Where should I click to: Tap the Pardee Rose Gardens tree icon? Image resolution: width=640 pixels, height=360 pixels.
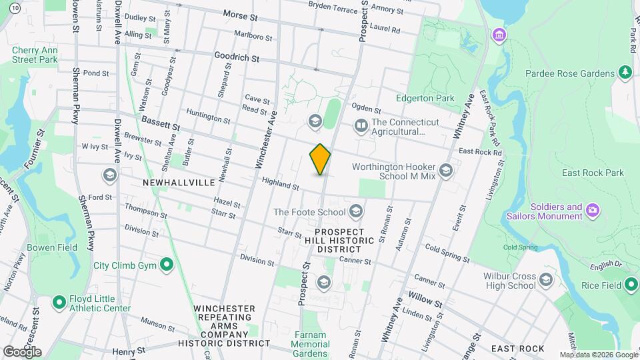point(625,72)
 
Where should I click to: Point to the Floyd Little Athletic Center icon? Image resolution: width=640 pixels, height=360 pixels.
point(59,303)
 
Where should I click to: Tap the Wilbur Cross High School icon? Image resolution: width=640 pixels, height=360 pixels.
point(546,279)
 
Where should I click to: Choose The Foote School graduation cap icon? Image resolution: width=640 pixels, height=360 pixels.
point(356,212)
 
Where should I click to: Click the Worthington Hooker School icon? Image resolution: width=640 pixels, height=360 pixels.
point(446,171)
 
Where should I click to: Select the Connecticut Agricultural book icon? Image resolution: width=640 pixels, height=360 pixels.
point(361,125)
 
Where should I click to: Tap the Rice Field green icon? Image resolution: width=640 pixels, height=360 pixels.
point(631,285)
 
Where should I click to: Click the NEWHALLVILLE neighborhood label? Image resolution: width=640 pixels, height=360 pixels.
point(179,182)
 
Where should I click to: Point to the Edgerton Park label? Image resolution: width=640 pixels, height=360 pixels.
point(434,99)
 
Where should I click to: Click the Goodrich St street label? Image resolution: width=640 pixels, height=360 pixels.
point(237,58)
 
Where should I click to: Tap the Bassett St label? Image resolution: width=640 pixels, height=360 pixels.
point(161,123)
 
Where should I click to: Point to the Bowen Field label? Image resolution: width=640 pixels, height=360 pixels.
point(52,247)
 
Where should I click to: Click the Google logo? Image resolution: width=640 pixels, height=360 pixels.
point(22,351)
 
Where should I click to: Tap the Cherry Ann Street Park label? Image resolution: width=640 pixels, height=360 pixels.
point(35,55)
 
